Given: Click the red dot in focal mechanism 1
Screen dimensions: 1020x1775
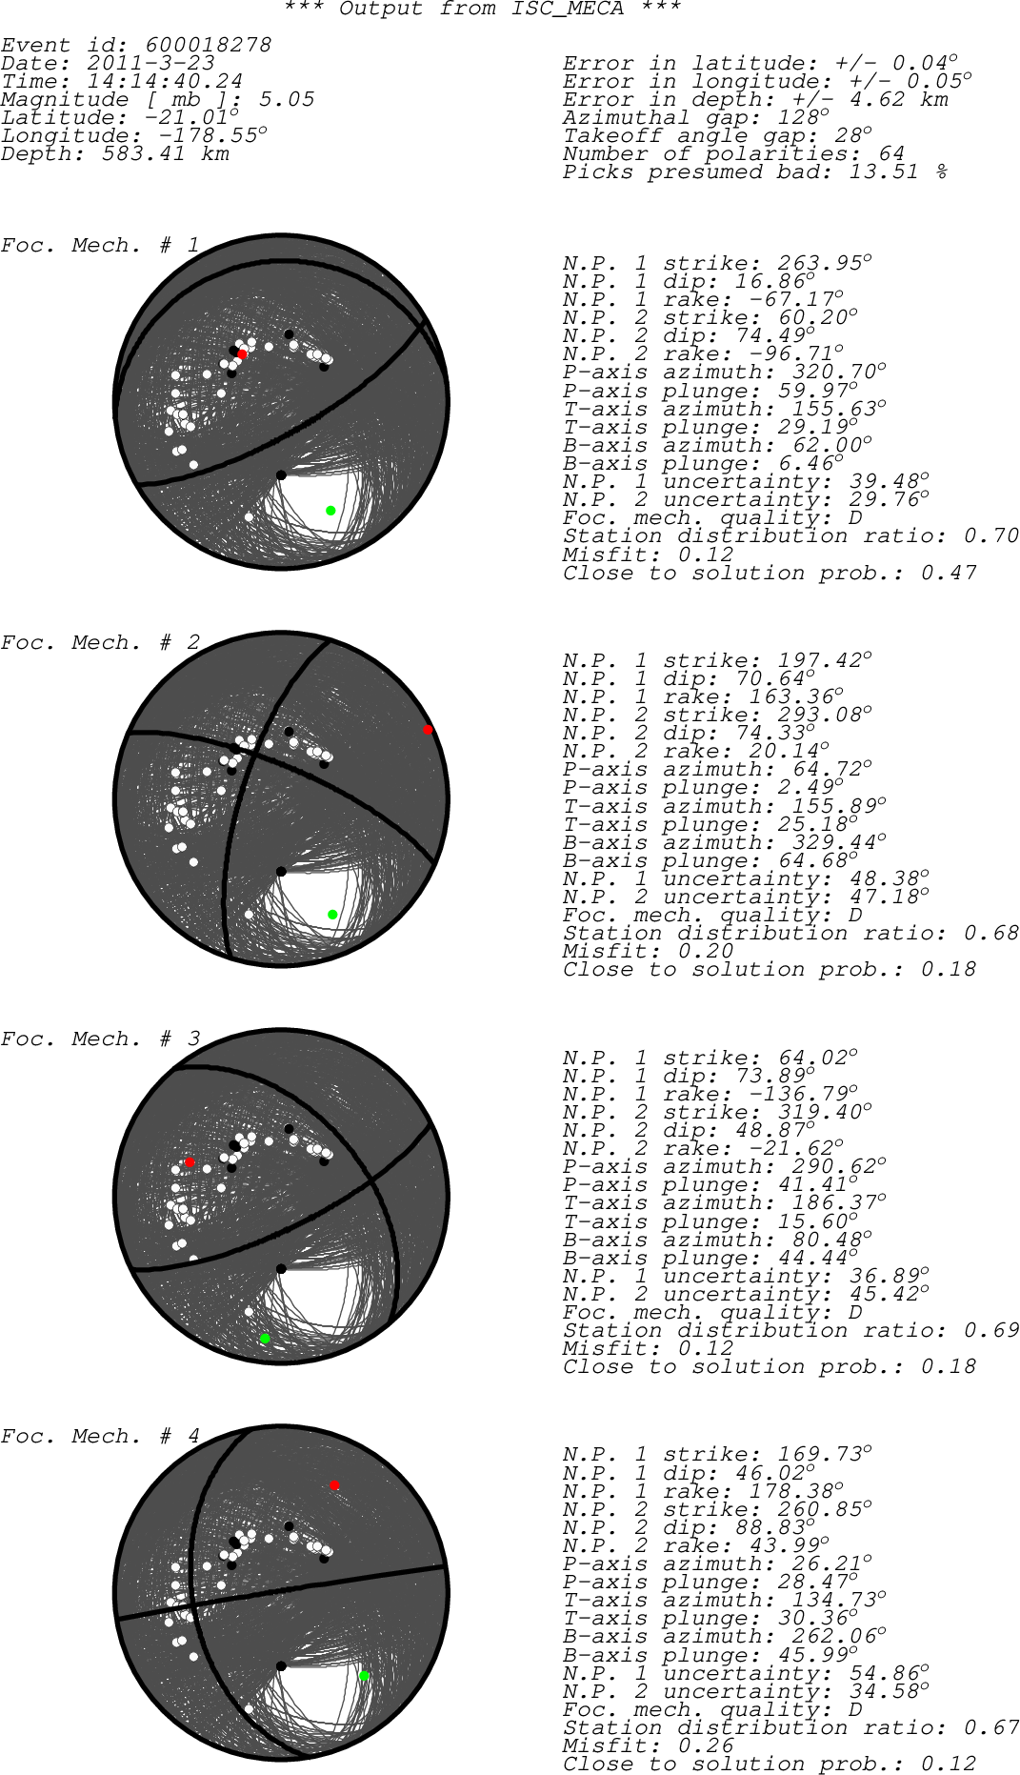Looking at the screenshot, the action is [x=242, y=354].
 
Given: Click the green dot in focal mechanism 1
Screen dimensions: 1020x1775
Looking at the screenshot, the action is [x=330, y=511].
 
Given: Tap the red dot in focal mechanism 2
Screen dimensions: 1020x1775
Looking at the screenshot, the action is [x=428, y=730].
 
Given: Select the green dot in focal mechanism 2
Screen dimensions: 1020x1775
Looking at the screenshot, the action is [x=332, y=915].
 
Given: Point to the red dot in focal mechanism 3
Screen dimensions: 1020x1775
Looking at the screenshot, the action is [x=190, y=1163].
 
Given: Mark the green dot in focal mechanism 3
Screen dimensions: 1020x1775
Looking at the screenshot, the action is [x=265, y=1339].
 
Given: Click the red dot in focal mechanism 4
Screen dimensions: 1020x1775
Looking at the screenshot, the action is [x=334, y=1485].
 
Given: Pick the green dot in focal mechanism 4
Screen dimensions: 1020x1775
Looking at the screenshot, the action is [x=364, y=1676].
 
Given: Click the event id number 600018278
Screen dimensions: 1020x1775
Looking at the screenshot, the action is [x=208, y=45].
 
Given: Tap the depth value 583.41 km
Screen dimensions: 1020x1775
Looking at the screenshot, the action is [x=166, y=153].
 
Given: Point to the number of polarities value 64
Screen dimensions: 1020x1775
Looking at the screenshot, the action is [x=891, y=153].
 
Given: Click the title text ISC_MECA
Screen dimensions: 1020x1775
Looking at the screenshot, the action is [x=569, y=10].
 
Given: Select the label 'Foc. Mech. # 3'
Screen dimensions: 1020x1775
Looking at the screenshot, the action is [x=100, y=1039].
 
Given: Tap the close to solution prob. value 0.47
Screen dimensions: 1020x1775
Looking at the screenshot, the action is [x=949, y=573].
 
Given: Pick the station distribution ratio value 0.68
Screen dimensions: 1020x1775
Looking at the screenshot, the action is [x=991, y=933].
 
